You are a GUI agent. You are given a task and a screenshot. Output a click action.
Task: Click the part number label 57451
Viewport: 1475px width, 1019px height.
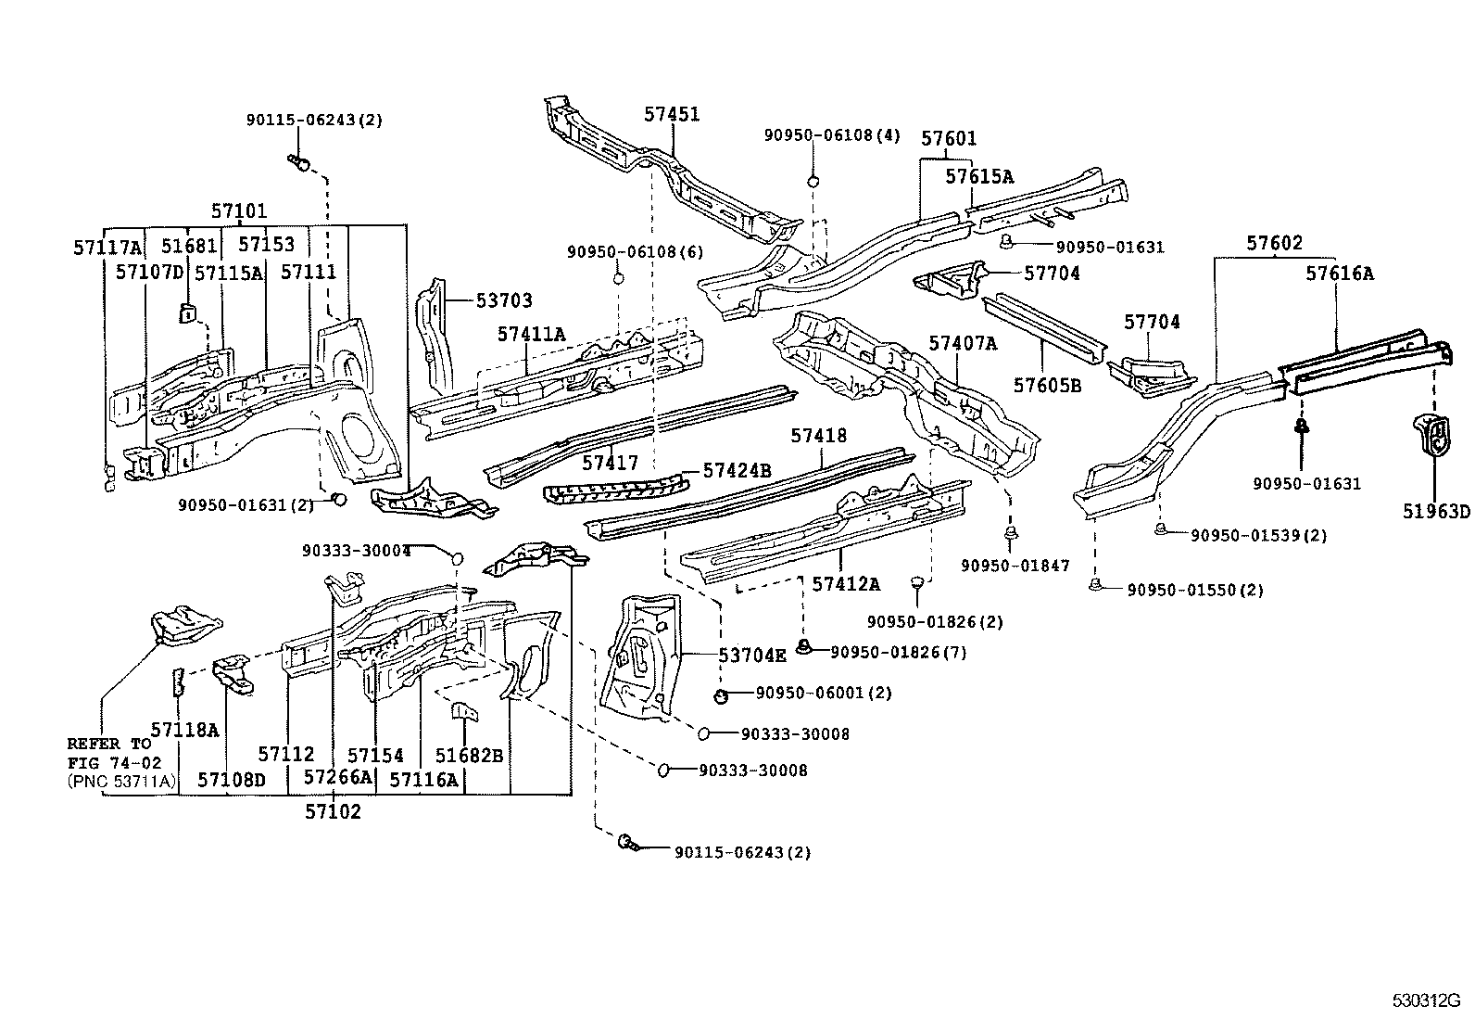click(x=672, y=115)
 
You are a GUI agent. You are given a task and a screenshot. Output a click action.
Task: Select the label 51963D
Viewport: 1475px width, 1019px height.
click(x=1435, y=512)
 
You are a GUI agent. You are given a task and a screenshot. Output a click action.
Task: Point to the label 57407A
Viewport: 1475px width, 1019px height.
click(x=963, y=344)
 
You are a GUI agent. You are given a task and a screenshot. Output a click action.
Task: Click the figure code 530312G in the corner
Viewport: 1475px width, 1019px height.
click(x=1425, y=1000)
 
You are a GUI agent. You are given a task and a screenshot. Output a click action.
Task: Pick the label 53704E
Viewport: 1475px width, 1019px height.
click(x=752, y=656)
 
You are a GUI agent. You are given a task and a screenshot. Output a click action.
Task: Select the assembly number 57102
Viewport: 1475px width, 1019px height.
click(x=333, y=812)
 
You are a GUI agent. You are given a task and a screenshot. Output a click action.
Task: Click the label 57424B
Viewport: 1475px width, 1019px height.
click(x=737, y=470)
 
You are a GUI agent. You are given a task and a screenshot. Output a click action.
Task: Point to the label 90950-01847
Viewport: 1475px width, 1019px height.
click(x=1015, y=566)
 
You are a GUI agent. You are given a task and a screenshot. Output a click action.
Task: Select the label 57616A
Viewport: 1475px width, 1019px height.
click(x=1340, y=274)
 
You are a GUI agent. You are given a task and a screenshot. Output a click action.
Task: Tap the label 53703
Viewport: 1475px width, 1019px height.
click(x=504, y=300)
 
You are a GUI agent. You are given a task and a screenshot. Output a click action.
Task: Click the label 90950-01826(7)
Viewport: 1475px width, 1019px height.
click(x=898, y=653)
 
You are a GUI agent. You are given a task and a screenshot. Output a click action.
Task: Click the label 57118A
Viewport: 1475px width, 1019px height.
click(x=184, y=730)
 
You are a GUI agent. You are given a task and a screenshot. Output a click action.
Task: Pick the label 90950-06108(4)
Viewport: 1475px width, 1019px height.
click(x=831, y=135)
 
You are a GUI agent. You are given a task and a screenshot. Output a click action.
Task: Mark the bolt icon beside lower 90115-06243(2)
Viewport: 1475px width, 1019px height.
click(x=627, y=844)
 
